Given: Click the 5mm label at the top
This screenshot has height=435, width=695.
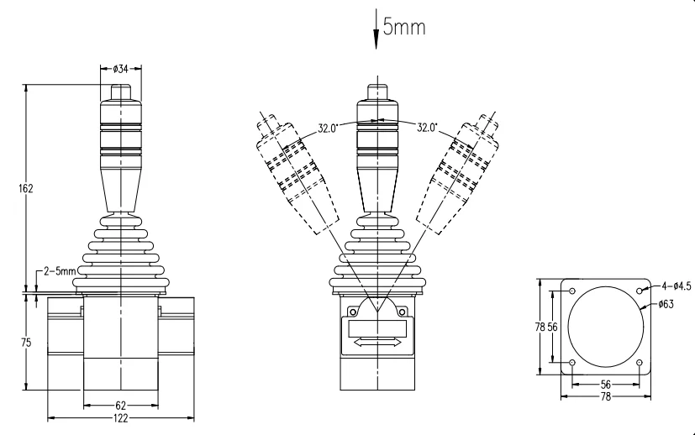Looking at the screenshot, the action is pyautogui.click(x=403, y=27).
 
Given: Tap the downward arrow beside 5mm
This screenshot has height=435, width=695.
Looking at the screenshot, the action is pyautogui.click(x=376, y=29).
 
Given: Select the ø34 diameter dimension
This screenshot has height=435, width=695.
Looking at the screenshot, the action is pyautogui.click(x=120, y=69).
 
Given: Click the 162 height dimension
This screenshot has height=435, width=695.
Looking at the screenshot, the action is pyautogui.click(x=26, y=188).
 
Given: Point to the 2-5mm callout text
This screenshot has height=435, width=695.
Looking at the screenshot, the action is pyautogui.click(x=60, y=270).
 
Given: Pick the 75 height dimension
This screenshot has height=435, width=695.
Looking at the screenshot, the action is pyautogui.click(x=26, y=343).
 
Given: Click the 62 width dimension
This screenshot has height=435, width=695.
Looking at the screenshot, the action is pyautogui.click(x=120, y=406).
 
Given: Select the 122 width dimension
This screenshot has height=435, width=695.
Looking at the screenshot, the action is pyautogui.click(x=120, y=417).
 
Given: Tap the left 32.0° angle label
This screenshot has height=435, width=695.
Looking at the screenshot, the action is pyautogui.click(x=328, y=128).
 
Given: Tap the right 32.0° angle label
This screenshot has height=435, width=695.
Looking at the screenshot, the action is pyautogui.click(x=427, y=128).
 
